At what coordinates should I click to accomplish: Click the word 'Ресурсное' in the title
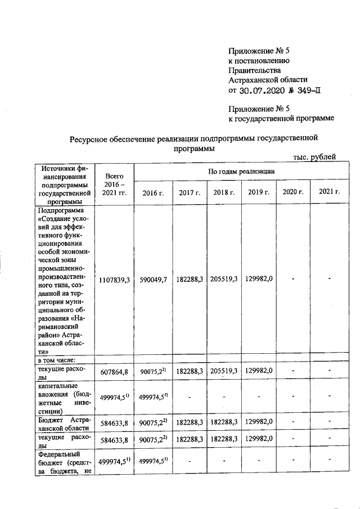(x=89, y=138)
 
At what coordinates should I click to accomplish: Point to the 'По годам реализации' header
(x=239, y=171)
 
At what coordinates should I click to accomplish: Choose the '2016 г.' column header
(x=153, y=192)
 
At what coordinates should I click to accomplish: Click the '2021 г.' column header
(x=329, y=192)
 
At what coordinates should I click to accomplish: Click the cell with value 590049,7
(x=153, y=280)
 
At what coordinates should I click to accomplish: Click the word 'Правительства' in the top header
(x=254, y=70)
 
